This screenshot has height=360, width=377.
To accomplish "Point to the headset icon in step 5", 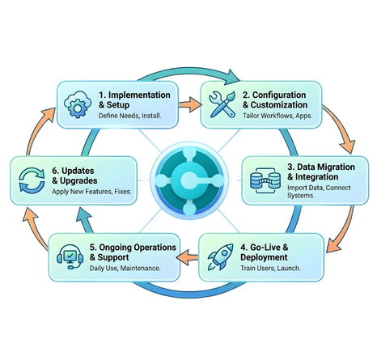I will [70, 258].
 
